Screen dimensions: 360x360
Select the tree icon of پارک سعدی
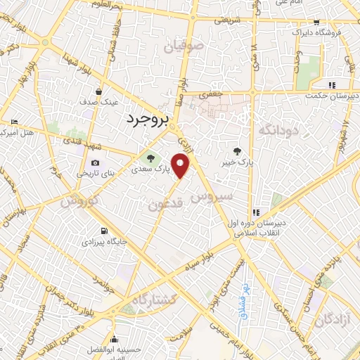click(150, 157)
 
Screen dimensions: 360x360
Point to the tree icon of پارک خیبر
click(237, 150)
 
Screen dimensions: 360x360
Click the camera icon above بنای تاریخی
click(96, 162)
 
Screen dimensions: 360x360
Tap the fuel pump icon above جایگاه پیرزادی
click(104, 231)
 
